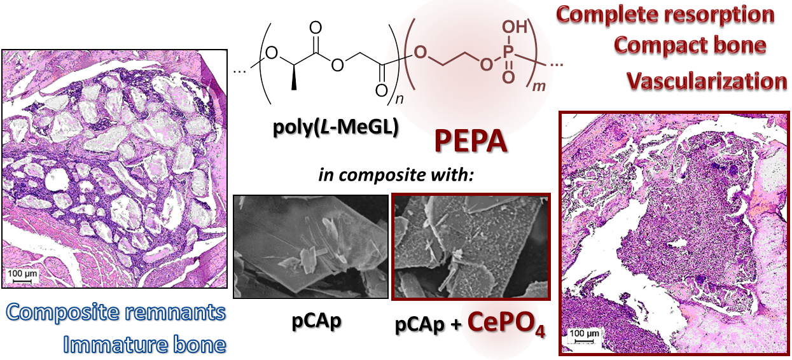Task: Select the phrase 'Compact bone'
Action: [690, 46]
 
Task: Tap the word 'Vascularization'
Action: [707, 81]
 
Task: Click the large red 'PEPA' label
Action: [471, 141]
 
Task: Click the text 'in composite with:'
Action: [396, 174]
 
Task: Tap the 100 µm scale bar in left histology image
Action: [20, 276]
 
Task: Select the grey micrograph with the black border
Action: [311, 246]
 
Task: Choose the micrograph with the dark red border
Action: [471, 246]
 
